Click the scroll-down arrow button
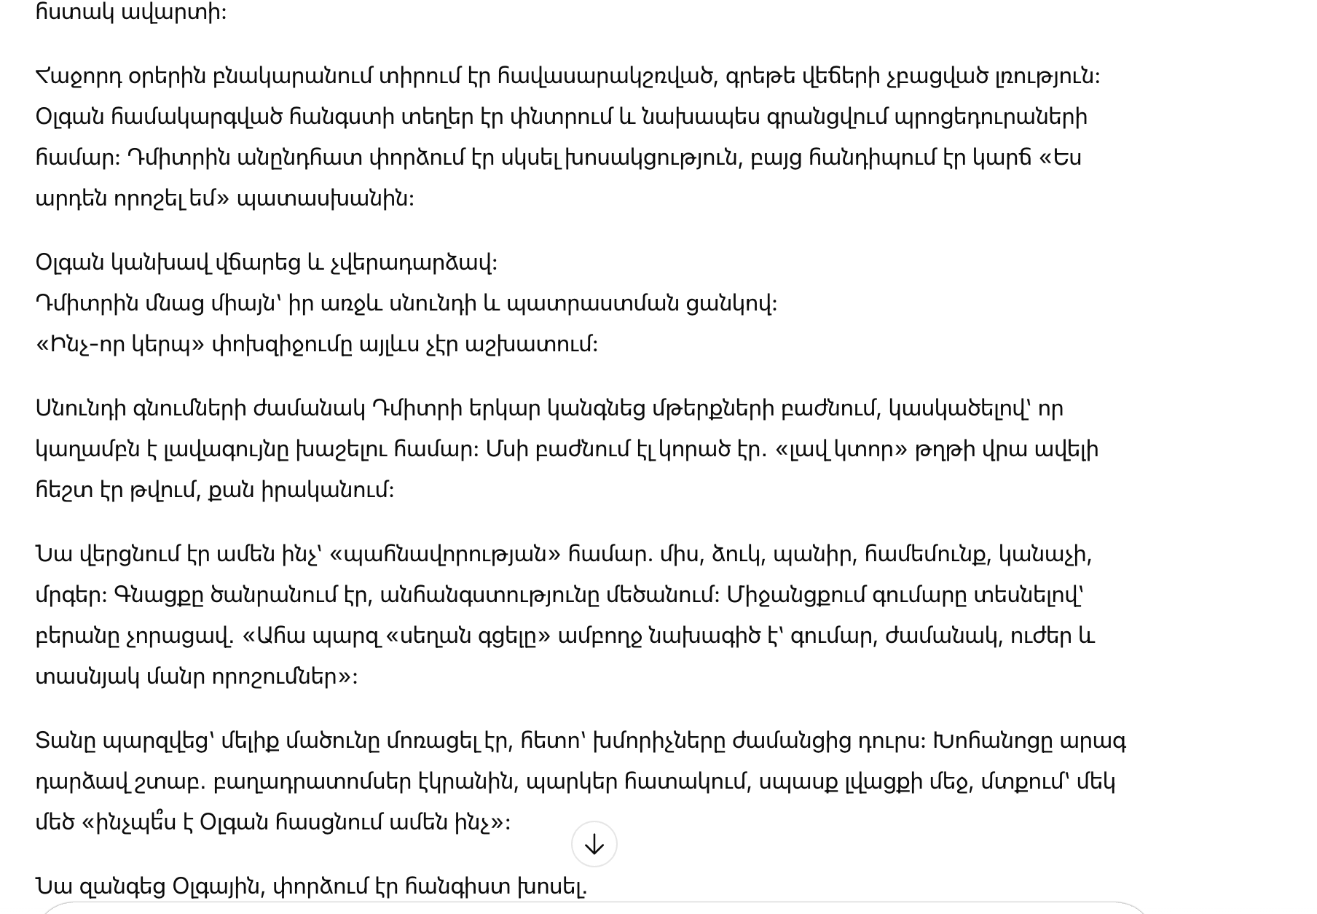[x=594, y=844]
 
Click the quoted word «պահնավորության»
[x=444, y=555]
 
